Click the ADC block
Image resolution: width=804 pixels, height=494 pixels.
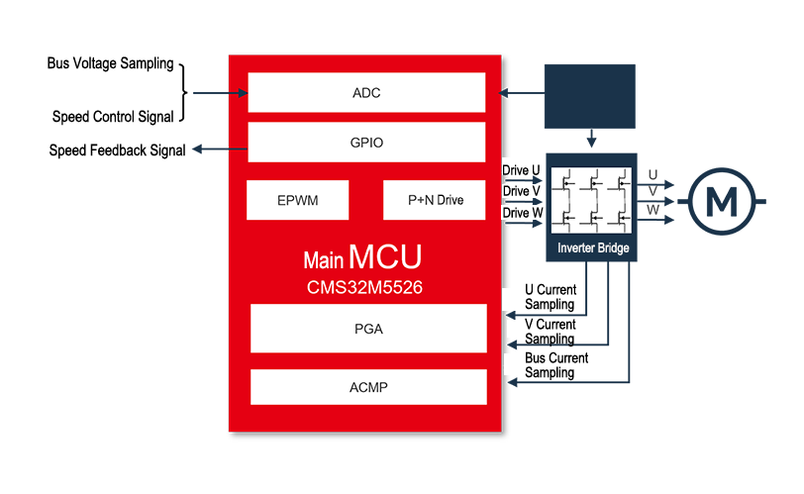pyautogui.click(x=366, y=92)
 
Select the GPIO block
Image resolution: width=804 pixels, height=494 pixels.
pyautogui.click(x=366, y=142)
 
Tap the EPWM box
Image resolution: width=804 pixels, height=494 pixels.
pyautogui.click(x=297, y=200)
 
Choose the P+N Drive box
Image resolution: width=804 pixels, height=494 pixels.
pyautogui.click(x=435, y=200)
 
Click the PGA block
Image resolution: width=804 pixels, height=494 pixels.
pyautogui.click(x=368, y=329)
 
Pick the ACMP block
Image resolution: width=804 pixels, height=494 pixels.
pyautogui.click(x=368, y=387)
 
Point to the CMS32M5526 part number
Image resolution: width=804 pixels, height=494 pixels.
pyautogui.click(x=364, y=287)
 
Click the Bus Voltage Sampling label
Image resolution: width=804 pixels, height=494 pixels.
pyautogui.click(x=110, y=63)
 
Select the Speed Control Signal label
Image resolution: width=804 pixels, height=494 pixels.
pyautogui.click(x=113, y=117)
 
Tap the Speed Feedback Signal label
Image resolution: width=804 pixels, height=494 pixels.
pyautogui.click(x=117, y=150)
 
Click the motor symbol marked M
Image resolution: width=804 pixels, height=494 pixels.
pyautogui.click(x=722, y=201)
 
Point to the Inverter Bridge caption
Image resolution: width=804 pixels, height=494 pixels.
pyautogui.click(x=593, y=248)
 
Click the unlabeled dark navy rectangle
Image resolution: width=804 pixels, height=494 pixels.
pyautogui.click(x=590, y=96)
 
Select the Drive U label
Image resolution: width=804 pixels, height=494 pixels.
pyautogui.click(x=521, y=170)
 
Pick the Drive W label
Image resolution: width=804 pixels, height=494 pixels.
pyautogui.click(x=523, y=213)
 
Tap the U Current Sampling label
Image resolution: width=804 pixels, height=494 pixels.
pyautogui.click(x=551, y=297)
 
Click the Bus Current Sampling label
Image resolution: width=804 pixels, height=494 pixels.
pyautogui.click(x=556, y=365)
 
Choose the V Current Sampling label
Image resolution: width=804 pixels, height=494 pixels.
pyautogui.click(x=550, y=332)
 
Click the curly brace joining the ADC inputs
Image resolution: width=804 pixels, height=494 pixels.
pyautogui.click(x=184, y=93)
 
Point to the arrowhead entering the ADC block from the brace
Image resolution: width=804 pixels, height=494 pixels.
pyautogui.click(x=243, y=93)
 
